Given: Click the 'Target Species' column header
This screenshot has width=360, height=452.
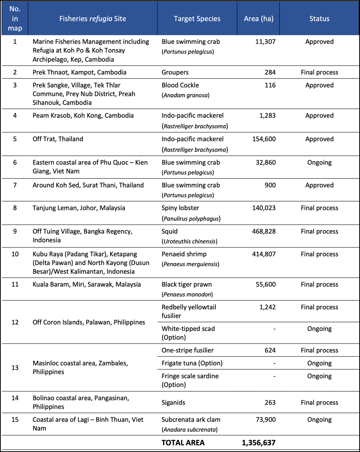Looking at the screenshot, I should tap(197, 19).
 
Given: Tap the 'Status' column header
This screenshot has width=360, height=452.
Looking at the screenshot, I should tap(319, 19).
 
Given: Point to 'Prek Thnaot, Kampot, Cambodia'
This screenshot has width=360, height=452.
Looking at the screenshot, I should tap(79, 72).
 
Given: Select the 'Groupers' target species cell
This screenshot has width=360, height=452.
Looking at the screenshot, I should tap(175, 72).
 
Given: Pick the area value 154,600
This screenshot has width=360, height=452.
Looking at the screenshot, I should tap(264, 139).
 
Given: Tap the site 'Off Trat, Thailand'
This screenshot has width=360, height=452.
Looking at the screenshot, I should tap(58, 139).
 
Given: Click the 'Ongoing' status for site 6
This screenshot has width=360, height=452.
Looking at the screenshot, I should tap(319, 163).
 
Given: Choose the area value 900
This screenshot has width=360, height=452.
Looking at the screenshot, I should tap(269, 185).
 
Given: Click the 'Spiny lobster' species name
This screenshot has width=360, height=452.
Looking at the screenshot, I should tap(180, 208).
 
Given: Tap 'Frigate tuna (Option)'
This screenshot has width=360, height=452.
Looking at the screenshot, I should tap(192, 363).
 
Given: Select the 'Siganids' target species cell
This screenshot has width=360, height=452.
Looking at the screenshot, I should tap(173, 403).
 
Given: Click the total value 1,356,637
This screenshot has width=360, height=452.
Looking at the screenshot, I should tap(259, 443).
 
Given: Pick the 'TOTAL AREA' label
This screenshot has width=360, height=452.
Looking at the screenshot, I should tap(183, 443).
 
